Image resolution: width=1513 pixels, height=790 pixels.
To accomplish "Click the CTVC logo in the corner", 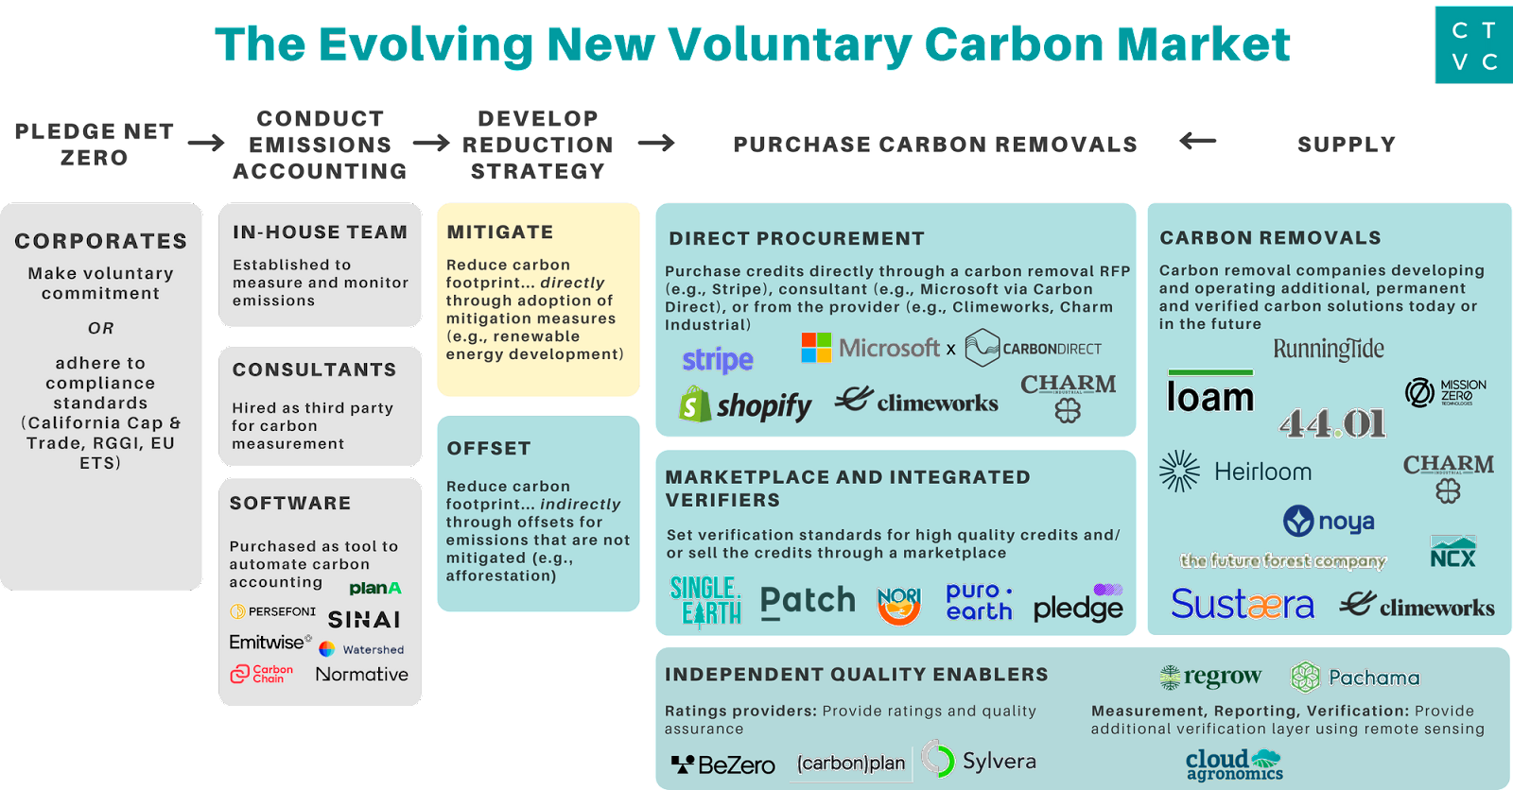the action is (x=1473, y=46).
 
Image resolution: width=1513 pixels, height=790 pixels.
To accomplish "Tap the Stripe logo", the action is (x=718, y=360).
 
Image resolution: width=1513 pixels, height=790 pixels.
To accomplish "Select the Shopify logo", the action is (x=745, y=405).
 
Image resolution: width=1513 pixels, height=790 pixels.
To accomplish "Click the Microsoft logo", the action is (x=870, y=349).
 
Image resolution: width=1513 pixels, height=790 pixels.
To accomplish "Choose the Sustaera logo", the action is (x=1243, y=604).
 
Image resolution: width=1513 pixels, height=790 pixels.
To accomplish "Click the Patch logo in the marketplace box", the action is (x=808, y=601).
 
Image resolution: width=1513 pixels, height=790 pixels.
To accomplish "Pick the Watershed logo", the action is (x=362, y=649).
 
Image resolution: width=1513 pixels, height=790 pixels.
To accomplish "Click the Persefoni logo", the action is (x=273, y=611).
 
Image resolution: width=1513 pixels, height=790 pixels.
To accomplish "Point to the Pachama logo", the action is (x=1356, y=678).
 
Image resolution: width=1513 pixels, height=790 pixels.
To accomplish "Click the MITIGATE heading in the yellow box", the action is (x=500, y=232).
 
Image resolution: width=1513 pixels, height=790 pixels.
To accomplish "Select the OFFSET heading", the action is (x=489, y=449).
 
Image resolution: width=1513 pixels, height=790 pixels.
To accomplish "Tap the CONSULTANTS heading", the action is (x=315, y=369).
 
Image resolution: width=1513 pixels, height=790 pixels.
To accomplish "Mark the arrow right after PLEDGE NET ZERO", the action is (x=206, y=143).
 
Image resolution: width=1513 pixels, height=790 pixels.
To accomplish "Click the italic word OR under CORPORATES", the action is (x=101, y=328).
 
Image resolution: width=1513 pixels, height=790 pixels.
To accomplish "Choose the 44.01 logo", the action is (x=1333, y=422).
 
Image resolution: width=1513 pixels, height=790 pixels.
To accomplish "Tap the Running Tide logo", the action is (x=1329, y=350).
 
